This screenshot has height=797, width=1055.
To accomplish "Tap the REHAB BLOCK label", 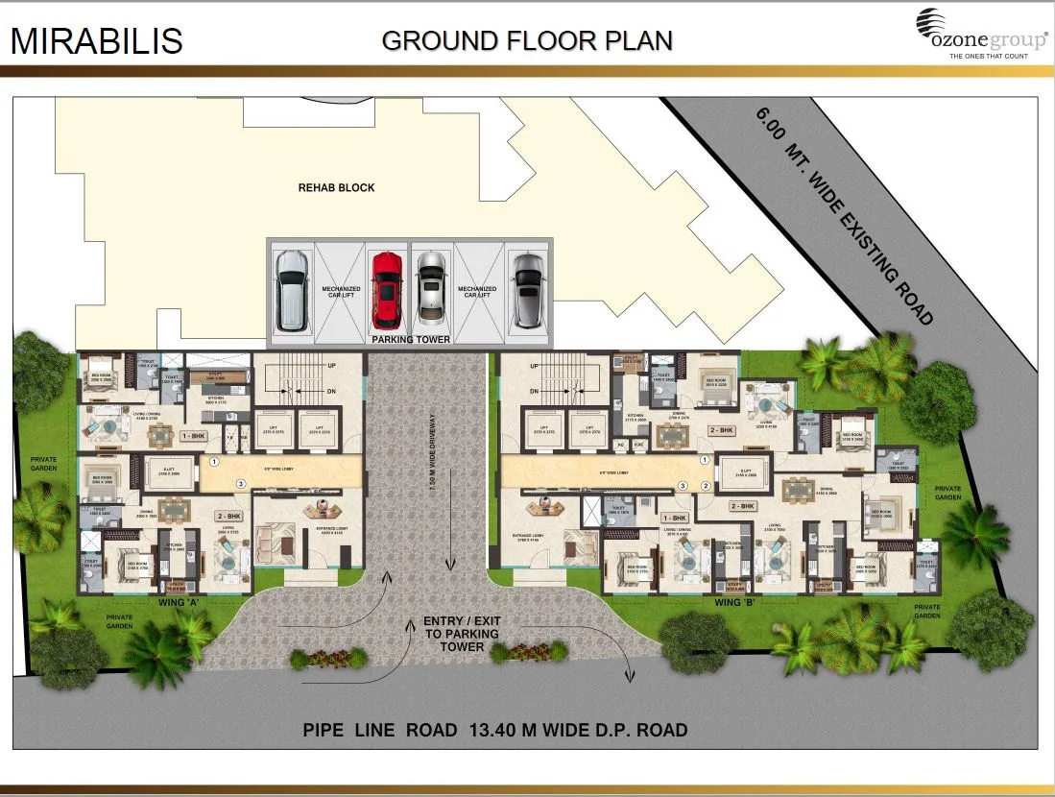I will click(336, 187).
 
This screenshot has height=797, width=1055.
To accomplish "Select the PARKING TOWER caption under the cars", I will click(409, 339).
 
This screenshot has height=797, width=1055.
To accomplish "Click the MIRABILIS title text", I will click(96, 41).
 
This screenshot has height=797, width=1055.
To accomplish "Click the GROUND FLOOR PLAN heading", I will click(526, 40).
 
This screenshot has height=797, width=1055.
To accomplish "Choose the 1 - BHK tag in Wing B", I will click(675, 517).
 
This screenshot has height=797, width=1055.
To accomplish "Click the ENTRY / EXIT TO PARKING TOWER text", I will click(461, 634).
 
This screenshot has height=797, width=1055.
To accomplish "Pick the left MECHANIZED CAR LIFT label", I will click(340, 292).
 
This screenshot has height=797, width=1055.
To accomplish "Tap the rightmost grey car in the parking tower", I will click(527, 287).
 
